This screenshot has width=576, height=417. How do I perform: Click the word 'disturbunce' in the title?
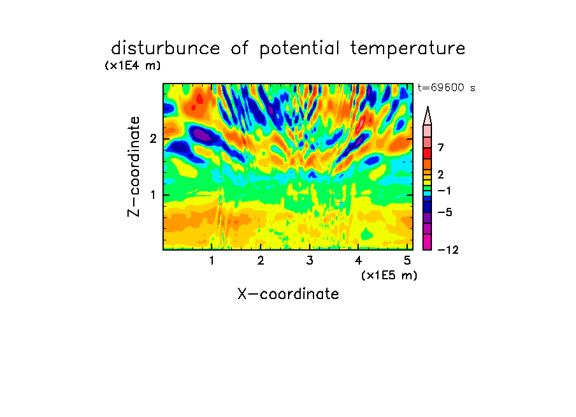[x=166, y=48]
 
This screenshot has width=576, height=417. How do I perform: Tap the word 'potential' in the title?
[x=299, y=49]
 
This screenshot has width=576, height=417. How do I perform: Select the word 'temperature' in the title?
[x=408, y=49]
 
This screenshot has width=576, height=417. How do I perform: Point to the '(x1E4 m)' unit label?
[x=133, y=66]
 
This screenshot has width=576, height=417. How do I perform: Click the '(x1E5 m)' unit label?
[x=389, y=275]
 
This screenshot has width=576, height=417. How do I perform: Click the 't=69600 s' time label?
[x=446, y=87]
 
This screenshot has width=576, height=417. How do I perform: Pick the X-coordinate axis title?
[x=288, y=294]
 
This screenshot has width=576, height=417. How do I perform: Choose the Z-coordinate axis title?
[x=134, y=166]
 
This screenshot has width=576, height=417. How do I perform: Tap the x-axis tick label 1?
[x=212, y=260]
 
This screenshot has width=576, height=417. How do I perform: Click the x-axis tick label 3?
[x=310, y=260]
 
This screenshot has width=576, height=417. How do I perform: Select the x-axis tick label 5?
[x=407, y=260]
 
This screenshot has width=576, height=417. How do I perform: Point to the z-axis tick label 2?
[x=153, y=139]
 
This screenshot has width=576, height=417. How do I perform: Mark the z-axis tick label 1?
[x=153, y=195]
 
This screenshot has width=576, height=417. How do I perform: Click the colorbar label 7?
[x=441, y=147]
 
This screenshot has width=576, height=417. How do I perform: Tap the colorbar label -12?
[x=448, y=250]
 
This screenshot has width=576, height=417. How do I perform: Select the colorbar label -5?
[x=445, y=212]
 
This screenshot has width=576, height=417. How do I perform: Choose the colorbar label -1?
[x=444, y=191]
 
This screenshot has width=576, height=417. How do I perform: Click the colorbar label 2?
[x=441, y=174]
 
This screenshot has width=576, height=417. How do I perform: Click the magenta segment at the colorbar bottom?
[x=428, y=242]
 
